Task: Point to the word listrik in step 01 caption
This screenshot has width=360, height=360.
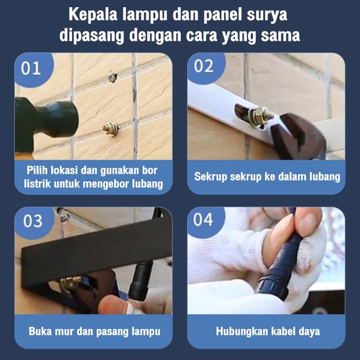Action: coord(37,184)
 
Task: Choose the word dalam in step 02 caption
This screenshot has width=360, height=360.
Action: coord(289,176)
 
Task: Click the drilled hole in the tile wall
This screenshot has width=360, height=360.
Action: coord(113,78)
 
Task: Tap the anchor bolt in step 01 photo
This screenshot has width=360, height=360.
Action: coord(110,129)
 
